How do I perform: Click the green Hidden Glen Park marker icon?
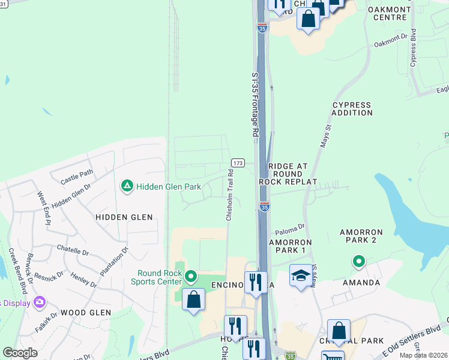pyautogui.click(x=127, y=187)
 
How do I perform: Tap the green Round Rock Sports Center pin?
pyautogui.click(x=191, y=277)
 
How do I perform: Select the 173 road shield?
pyautogui.click(x=238, y=163)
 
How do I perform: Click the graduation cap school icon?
pyautogui.click(x=300, y=275)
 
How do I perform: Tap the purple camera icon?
pyautogui.click(x=40, y=301)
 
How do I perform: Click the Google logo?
pyautogui.click(x=20, y=352)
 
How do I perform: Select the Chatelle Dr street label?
pyautogui.click(x=73, y=247)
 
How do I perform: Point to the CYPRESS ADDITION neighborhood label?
pyautogui.click(x=352, y=109)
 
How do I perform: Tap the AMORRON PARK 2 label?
pyautogui.click(x=366, y=235)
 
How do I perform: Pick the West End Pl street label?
pyautogui.click(x=44, y=208)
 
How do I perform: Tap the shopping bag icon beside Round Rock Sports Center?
pyautogui.click(x=193, y=299)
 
